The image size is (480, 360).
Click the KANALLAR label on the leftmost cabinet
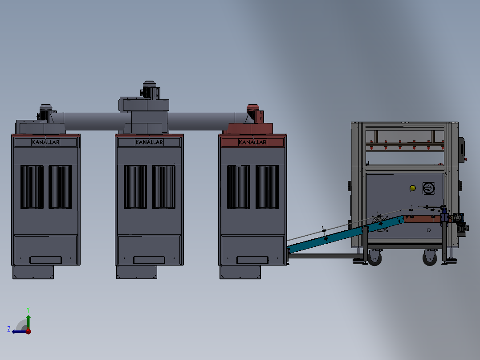point(45,142)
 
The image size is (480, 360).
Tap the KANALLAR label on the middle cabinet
point(149,142)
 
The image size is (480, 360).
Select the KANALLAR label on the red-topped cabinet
point(252,142)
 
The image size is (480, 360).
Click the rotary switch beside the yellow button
point(428,188)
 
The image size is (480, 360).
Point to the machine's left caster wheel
point(374,258)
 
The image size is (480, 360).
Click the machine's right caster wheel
point(430,258)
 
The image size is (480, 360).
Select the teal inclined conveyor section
point(346,234)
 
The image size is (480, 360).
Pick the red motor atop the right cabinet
point(255,114)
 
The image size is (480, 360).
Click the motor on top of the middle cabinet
point(150,90)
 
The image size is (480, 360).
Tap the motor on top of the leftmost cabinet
point(45,112)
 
